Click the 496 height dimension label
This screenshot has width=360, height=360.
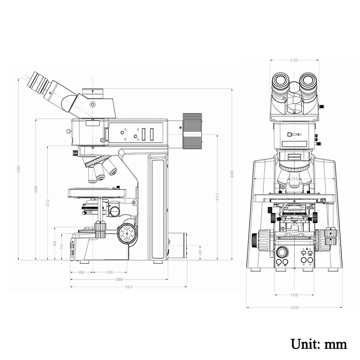(x=18, y=170)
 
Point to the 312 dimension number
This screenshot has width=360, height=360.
(x=48, y=203)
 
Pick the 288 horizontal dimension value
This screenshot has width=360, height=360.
(x=119, y=279)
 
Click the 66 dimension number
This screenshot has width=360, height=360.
(x=81, y=272)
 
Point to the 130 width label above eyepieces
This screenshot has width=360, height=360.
(x=294, y=60)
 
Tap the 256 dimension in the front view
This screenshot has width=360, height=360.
(x=294, y=307)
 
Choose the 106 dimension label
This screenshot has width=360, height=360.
(x=294, y=295)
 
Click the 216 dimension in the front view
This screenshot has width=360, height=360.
(x=294, y=179)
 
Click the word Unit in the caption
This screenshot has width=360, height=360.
(x=306, y=344)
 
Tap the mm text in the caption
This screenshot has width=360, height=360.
(x=336, y=344)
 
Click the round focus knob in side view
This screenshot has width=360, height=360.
(x=127, y=233)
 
